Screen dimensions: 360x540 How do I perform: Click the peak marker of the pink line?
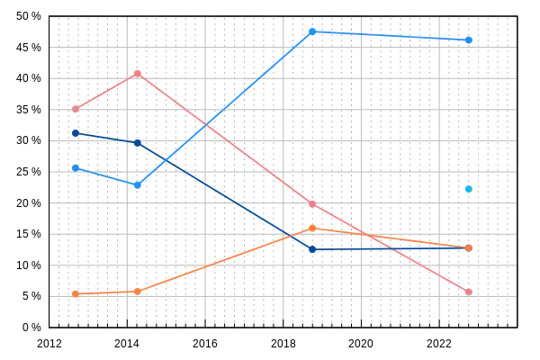click(x=137, y=73)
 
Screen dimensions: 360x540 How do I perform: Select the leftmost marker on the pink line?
click(x=76, y=110)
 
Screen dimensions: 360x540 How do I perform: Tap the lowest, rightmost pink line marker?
click(x=469, y=292)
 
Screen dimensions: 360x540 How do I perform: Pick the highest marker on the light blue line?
click(x=311, y=31)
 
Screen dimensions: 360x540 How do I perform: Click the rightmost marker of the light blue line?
click(x=469, y=40)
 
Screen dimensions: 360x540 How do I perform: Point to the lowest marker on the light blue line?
click(x=137, y=184)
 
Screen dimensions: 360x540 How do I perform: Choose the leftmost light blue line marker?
click(x=76, y=167)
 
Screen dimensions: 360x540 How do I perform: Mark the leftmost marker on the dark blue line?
click(x=76, y=132)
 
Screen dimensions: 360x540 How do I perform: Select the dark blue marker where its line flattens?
click(x=311, y=247)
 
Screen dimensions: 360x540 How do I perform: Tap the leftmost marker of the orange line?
click(x=76, y=293)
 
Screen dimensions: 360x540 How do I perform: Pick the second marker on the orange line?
click(x=137, y=291)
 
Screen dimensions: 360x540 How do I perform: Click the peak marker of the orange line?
click(x=311, y=228)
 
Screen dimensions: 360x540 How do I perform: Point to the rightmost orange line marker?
click(x=469, y=247)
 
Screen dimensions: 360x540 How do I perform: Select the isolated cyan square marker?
click(x=469, y=188)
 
